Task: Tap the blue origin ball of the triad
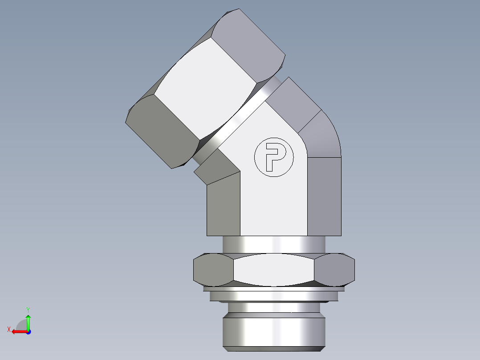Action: coord(28,331)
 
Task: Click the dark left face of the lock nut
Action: coord(213,270)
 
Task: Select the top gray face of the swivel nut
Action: coord(249,40)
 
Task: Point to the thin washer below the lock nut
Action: coord(274,295)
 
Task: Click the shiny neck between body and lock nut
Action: coord(274,244)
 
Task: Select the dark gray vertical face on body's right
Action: coord(324,196)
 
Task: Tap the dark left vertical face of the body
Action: coord(224,205)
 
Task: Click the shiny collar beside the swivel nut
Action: coord(236,118)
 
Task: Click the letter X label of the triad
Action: coord(8,329)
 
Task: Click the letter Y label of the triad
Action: coord(28,309)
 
